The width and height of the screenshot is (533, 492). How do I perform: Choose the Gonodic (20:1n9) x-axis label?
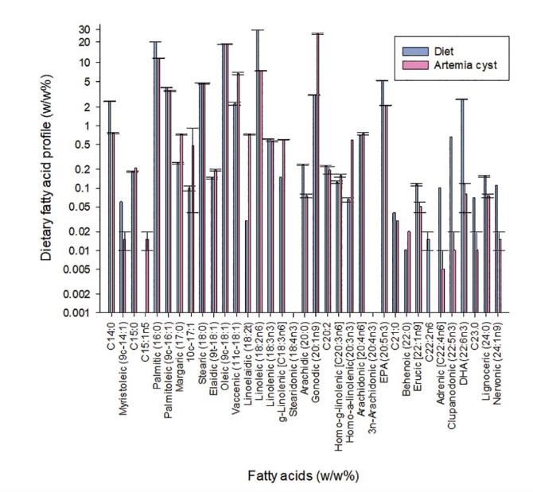point(316,358)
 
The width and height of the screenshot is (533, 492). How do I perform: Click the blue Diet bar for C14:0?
point(109,207)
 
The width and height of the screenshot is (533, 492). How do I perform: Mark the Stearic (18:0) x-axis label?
point(202,351)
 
